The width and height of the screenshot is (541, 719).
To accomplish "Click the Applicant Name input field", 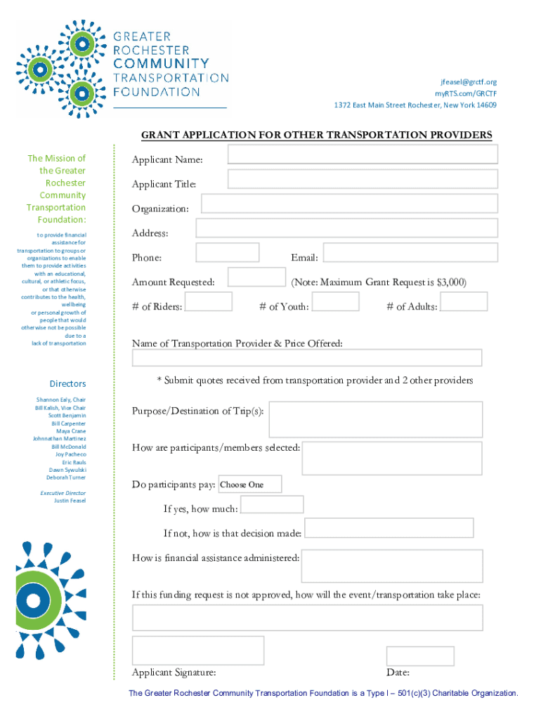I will (362, 154).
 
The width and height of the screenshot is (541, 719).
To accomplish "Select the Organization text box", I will (349, 204).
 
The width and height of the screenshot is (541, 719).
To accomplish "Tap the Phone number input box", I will (227, 252).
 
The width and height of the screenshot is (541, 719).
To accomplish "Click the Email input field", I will (410, 252).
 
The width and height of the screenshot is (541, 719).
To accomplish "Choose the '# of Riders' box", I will (208, 302).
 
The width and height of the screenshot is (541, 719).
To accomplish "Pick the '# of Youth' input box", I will (335, 302).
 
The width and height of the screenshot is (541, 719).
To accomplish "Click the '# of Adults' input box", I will (464, 302).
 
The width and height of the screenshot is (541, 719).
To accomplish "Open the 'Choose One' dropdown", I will (250, 484).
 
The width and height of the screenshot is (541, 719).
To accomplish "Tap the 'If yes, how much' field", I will (272, 504).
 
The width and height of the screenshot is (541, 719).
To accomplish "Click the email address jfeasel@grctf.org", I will (469, 82).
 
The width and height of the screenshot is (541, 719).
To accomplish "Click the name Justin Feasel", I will (70, 501).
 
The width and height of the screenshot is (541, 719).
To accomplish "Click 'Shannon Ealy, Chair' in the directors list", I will (61, 400).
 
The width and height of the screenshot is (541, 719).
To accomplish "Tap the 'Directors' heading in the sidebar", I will (67, 383).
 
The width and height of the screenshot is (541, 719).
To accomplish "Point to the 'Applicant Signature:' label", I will (174, 672).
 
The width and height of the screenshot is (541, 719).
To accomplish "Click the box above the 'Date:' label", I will (420, 655).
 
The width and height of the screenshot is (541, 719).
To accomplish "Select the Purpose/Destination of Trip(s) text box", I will (375, 419).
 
